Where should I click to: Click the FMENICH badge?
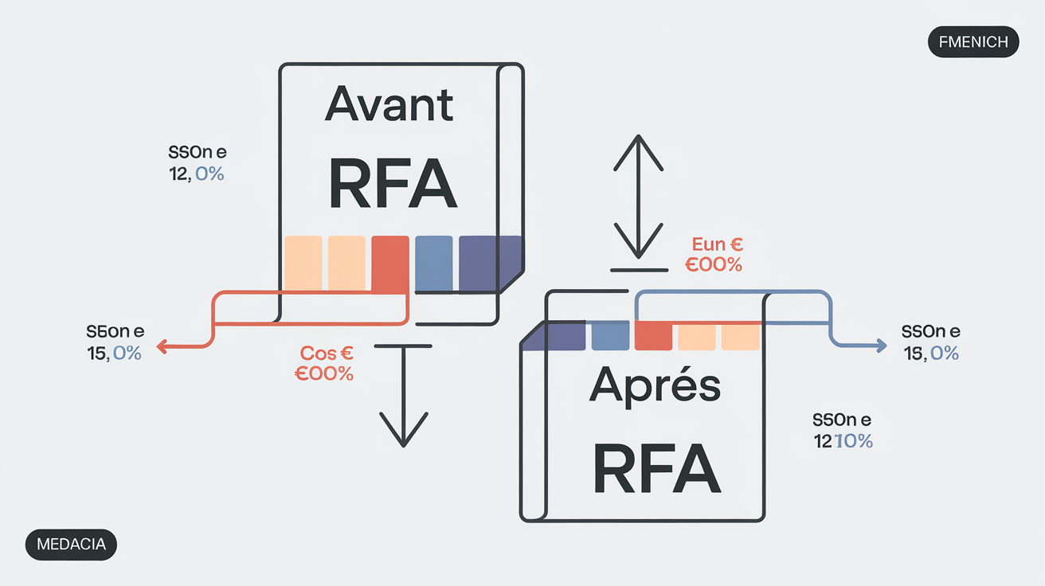[973, 42]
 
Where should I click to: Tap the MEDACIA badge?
[71, 545]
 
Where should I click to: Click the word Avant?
[389, 105]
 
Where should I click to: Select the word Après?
[654, 386]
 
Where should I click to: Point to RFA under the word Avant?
[392, 185]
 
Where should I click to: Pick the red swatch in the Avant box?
[390, 264]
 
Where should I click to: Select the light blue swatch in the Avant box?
[434, 264]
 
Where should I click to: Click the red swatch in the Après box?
[653, 336]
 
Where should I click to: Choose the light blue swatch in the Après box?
[611, 336]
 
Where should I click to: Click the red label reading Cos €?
[327, 353]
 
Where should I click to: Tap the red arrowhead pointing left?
[160, 346]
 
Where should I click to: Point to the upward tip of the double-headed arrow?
[639, 137]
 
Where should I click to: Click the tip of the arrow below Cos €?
[404, 443]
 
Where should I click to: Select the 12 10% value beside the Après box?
[843, 440]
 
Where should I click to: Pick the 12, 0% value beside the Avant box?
[196, 172]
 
